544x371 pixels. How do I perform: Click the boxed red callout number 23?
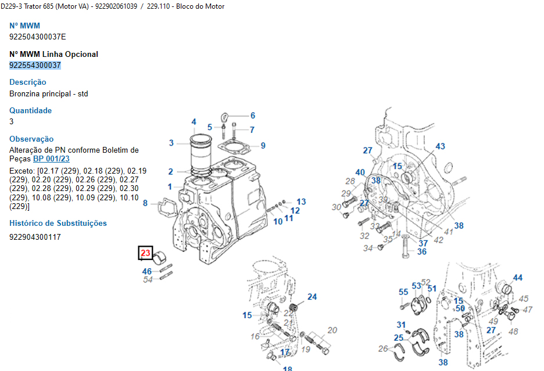pyautogui.click(x=145, y=253)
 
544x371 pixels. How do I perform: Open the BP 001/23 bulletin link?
pyautogui.click(x=51, y=159)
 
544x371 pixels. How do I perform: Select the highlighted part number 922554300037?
pyautogui.click(x=35, y=65)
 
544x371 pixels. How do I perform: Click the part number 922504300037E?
pyautogui.click(x=37, y=37)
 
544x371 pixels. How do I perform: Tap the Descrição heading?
pyautogui.click(x=27, y=82)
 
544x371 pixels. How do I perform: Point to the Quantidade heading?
pyautogui.click(x=30, y=110)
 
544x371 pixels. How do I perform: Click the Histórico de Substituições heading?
pyautogui.click(x=58, y=223)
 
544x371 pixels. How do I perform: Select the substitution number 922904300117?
pyautogui.click(x=35, y=237)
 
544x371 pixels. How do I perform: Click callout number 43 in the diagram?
pyautogui.click(x=440, y=146)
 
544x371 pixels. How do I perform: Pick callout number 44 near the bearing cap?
pyautogui.click(x=517, y=278)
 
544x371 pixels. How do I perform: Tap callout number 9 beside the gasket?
pyautogui.click(x=263, y=146)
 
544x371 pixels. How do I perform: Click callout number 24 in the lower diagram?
pyautogui.click(x=312, y=297)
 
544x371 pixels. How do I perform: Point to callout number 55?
pyautogui.click(x=403, y=292)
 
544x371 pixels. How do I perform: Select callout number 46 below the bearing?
pyautogui.click(x=146, y=271)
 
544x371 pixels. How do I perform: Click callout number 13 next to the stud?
pyautogui.click(x=301, y=201)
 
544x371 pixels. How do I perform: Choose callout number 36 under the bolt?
pyautogui.click(x=422, y=251)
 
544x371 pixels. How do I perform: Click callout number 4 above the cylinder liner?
pyautogui.click(x=194, y=122)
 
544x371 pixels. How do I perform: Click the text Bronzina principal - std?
pyautogui.click(x=49, y=93)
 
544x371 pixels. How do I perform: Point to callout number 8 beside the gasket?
pyautogui.click(x=145, y=203)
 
